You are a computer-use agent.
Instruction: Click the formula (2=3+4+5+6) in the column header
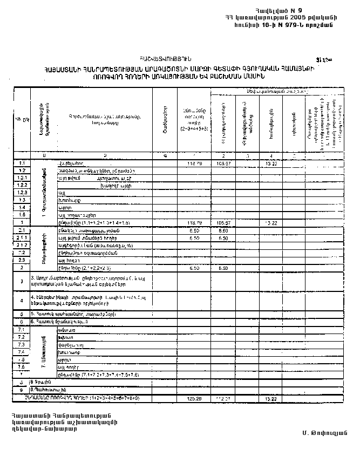point(192,129)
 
